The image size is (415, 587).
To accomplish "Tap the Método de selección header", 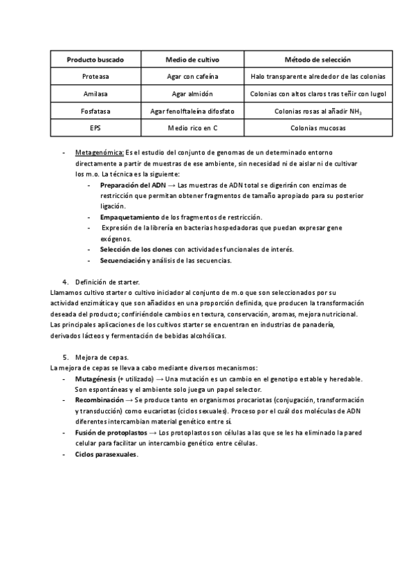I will coord(318,60).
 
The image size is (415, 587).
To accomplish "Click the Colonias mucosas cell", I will coord(318,127).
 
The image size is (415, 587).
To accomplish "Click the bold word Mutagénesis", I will coord(95,379).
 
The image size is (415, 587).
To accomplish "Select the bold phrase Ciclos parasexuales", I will coord(106,454).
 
